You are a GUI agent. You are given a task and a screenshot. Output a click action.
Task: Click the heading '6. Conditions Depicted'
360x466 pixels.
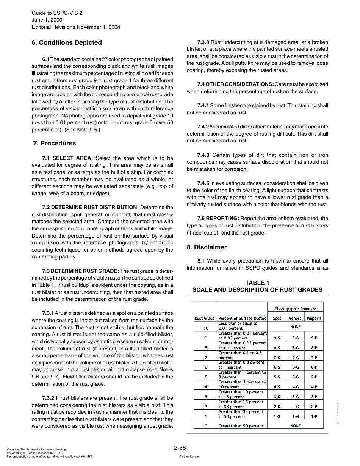(x=67, y=42)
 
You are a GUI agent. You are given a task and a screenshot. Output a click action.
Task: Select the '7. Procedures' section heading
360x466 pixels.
(x=55, y=143)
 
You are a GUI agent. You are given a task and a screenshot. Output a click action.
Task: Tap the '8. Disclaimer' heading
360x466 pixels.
(x=207, y=247)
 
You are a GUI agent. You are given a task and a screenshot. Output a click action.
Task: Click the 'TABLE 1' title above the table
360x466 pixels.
(x=257, y=283)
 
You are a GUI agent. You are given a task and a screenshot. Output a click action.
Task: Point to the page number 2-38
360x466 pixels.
(x=180, y=448)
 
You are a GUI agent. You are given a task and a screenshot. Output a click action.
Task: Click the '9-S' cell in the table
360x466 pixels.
(x=277, y=338)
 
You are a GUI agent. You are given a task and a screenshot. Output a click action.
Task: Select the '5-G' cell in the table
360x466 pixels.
(x=295, y=377)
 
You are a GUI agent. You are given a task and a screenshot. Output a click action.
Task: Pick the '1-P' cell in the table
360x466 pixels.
(x=314, y=416)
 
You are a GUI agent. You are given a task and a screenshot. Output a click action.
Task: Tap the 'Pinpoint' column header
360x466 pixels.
(x=314, y=318)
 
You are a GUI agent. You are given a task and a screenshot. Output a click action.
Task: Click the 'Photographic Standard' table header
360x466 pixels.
(x=295, y=309)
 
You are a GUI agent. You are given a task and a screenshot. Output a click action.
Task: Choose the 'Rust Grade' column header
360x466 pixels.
(x=205, y=318)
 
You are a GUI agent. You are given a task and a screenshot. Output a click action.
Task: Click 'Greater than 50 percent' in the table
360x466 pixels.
(x=241, y=426)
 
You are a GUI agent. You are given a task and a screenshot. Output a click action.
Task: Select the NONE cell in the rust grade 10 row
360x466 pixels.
(x=295, y=326)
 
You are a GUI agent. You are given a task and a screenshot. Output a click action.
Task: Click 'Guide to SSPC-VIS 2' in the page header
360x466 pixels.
(x=57, y=13)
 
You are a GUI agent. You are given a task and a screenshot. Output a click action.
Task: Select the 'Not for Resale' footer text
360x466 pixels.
(x=189, y=457)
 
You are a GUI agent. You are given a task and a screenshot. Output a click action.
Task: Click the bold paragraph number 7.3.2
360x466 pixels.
(x=49, y=398)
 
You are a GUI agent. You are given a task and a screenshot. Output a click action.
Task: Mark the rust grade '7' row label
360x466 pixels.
(x=206, y=357)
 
